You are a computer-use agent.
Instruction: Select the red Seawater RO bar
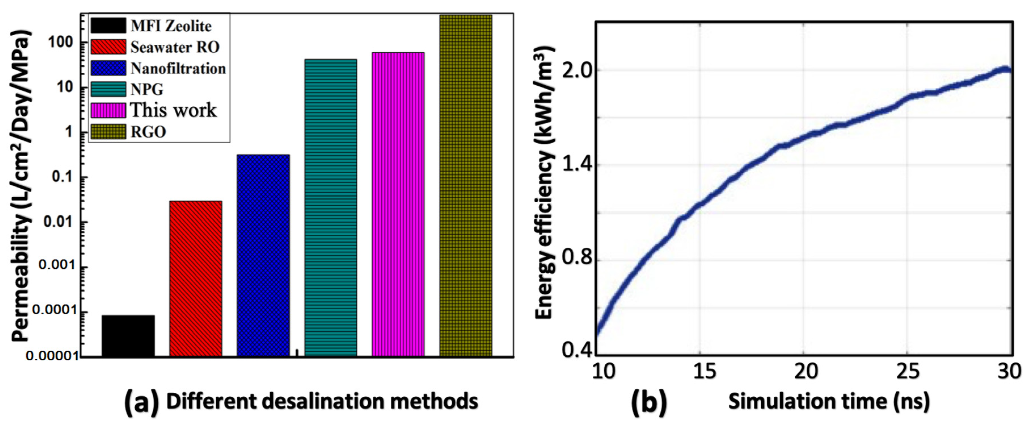click(x=195, y=278)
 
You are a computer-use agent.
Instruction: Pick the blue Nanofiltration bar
click(x=263, y=255)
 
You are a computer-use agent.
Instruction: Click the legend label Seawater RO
click(x=175, y=47)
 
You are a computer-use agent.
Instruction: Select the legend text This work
click(x=173, y=110)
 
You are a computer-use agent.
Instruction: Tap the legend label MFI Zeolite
click(x=171, y=26)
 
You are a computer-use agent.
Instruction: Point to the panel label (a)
click(x=141, y=402)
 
